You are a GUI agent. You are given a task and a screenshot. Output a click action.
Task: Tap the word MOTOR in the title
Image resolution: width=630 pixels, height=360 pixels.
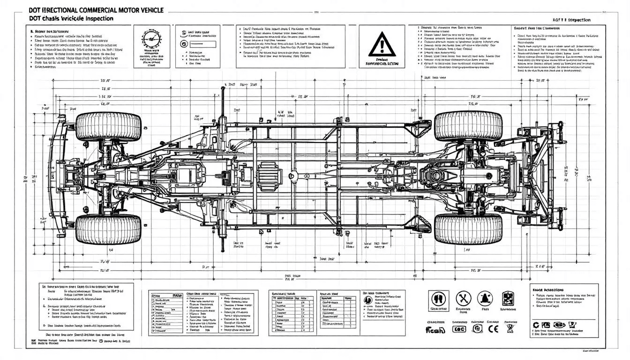(123, 9)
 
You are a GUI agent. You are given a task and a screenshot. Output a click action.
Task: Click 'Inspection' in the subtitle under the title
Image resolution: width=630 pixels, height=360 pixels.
(97, 18)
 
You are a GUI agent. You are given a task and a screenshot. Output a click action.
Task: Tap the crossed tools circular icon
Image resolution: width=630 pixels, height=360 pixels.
(463, 297)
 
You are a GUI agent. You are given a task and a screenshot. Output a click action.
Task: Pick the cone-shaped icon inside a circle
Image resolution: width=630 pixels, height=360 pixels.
(484, 298)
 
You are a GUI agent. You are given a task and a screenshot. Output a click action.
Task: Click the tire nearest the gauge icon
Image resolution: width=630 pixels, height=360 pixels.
(108, 127)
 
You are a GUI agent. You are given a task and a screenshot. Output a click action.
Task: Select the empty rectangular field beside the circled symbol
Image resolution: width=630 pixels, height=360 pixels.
(202, 44)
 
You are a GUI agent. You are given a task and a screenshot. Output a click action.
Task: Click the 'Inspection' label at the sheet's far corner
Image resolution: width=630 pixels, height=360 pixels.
(578, 20)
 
